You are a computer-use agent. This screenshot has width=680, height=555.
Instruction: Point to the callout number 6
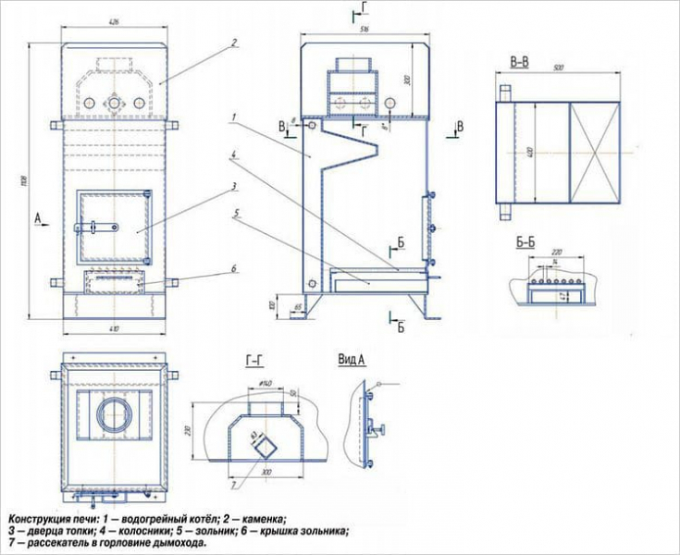click(235, 268)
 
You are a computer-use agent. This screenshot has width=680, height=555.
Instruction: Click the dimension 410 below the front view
click(114, 329)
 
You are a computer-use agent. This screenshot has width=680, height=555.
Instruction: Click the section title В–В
click(519, 61)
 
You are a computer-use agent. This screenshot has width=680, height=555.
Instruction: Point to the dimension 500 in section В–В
click(558, 68)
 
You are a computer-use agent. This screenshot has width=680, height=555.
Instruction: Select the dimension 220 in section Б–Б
click(556, 252)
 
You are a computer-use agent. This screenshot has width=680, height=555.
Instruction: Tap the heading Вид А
click(353, 358)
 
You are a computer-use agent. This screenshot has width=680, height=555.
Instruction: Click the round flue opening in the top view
click(116, 413)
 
